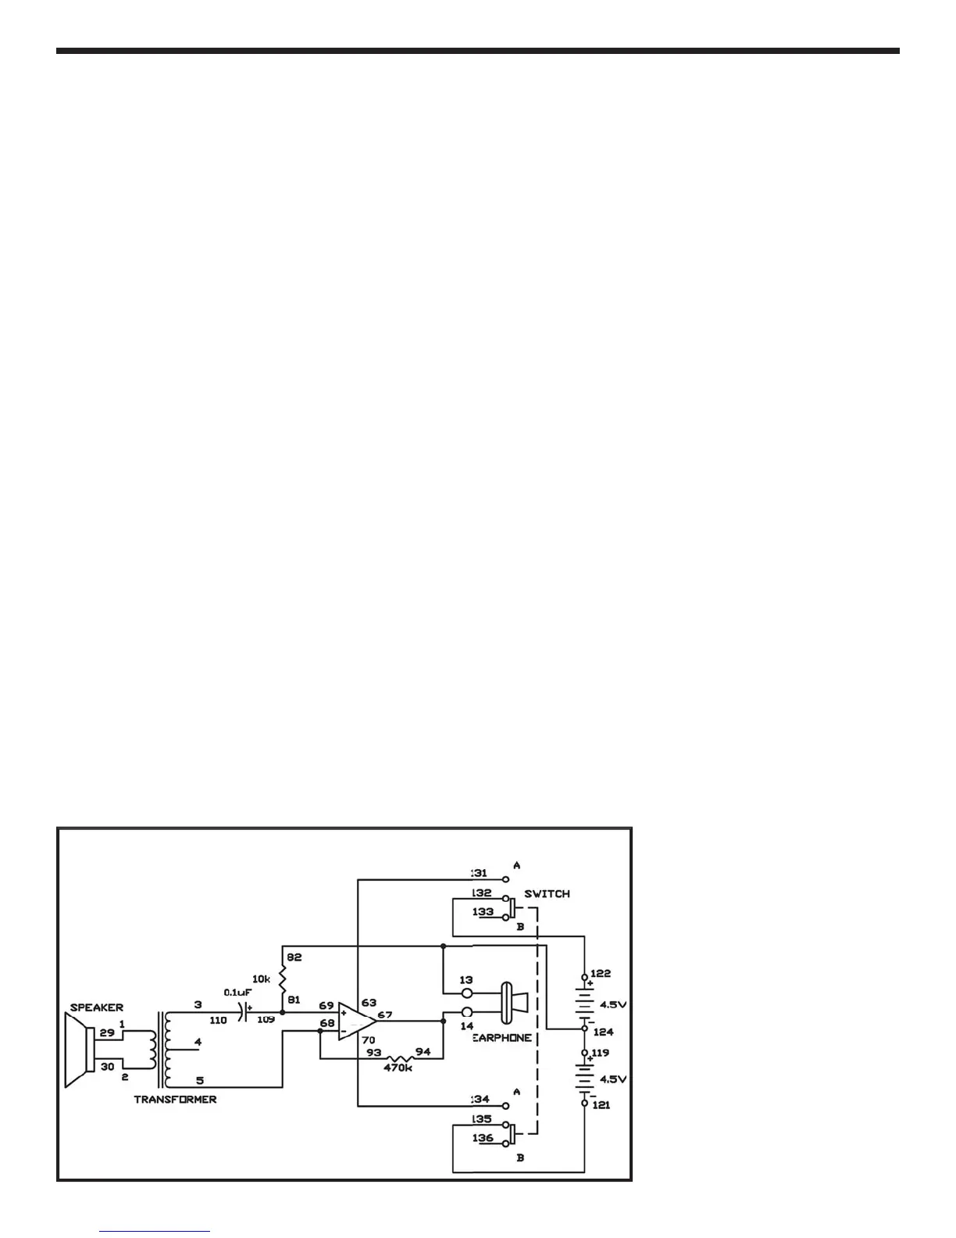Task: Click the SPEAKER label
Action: coord(96,1007)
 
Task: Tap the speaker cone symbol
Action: coord(79,1050)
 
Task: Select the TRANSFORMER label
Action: coord(175,1099)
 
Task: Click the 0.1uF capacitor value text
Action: coord(236,992)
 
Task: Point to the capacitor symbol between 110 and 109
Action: coord(243,1012)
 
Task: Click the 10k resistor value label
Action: coord(261,979)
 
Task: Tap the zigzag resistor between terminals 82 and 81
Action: coord(282,979)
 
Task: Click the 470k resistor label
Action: coord(398,1068)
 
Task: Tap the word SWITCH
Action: coord(547,893)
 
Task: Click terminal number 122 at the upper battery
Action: coord(601,973)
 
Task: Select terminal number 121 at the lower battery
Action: coord(601,1104)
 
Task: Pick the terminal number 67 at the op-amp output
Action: coord(385,1014)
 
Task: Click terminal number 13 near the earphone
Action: coord(466,979)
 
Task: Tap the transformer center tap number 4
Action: coord(198,1042)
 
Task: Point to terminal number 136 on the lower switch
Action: coord(483,1138)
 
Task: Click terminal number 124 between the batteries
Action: coord(603,1032)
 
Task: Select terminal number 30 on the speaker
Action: coord(108,1067)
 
